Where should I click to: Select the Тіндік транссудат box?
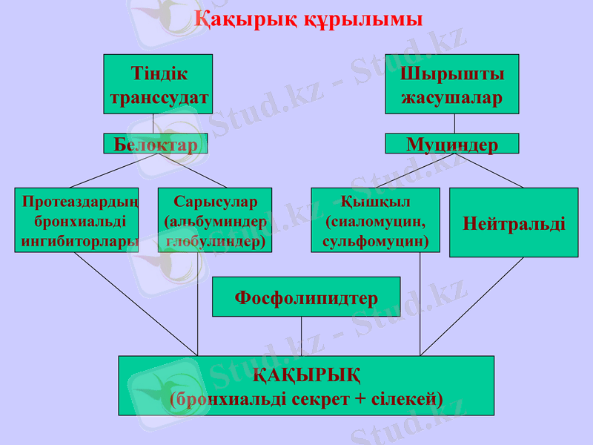158,84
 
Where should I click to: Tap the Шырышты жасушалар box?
451,84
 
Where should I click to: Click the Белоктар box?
156,144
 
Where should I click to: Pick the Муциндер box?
451,144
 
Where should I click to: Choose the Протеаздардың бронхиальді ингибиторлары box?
76,220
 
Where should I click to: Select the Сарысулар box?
215,220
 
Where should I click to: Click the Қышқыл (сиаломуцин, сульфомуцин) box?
375,220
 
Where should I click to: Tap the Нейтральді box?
514,222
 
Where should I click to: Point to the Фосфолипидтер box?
306,297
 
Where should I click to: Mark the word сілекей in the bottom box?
406,399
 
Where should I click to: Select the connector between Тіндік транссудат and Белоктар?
153,123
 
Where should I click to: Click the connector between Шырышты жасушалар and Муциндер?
454,123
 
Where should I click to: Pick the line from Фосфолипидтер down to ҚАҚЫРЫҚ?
301,336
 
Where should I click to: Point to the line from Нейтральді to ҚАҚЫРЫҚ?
474,304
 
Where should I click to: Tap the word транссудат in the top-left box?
159,98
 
